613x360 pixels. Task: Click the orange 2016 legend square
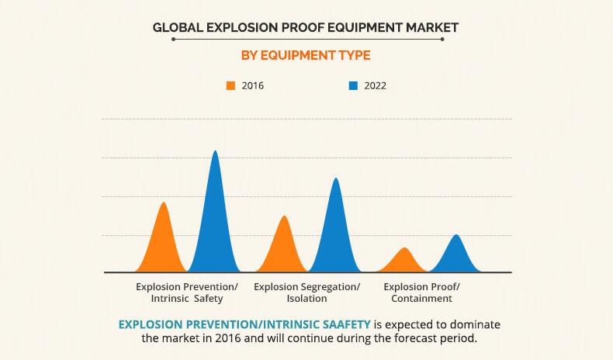coord(230,85)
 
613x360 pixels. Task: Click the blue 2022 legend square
coord(353,85)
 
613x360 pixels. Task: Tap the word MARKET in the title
coord(431,27)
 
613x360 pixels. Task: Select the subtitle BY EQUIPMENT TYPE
coord(306,55)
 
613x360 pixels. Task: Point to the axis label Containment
coord(421,298)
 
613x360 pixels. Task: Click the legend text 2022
coord(374,85)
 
